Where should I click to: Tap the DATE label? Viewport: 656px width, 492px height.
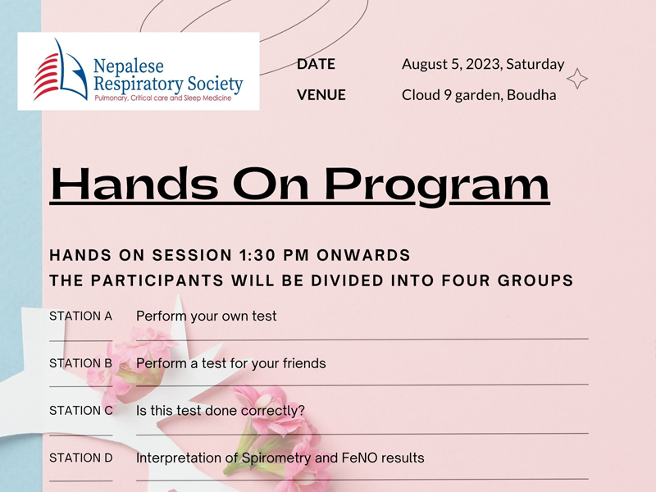[x=316, y=64]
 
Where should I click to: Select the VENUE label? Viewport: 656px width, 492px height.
[x=321, y=95]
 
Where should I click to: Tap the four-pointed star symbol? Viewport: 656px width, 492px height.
[x=577, y=79]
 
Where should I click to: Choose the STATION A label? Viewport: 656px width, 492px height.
[x=81, y=316]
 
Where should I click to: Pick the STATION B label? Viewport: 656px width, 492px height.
[x=81, y=363]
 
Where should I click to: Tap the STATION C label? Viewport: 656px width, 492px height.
[x=81, y=411]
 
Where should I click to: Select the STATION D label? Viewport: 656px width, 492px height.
[x=81, y=458]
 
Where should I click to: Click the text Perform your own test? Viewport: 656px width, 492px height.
[x=206, y=316]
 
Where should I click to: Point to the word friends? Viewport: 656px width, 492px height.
[x=302, y=363]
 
